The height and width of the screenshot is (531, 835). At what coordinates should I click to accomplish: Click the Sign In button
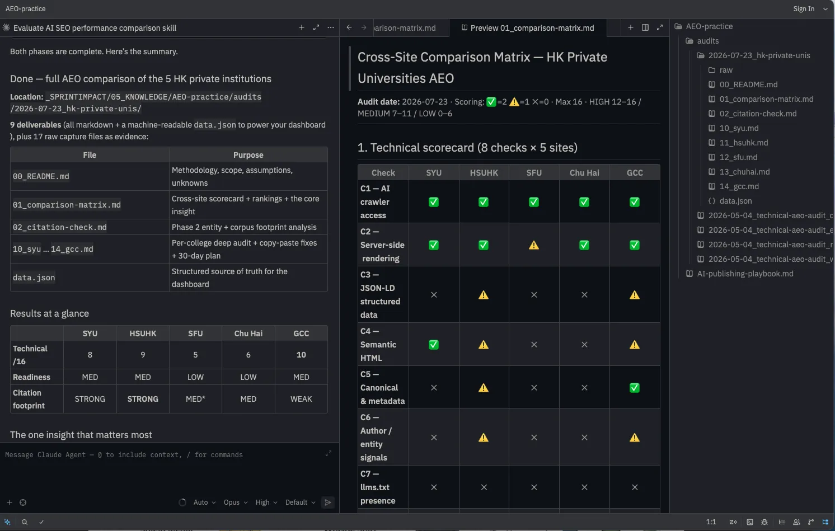[803, 8]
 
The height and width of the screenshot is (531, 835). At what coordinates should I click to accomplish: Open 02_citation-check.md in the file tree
[758, 114]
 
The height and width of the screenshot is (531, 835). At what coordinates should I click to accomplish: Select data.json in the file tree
[735, 201]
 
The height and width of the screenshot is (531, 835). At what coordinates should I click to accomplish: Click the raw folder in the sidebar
[726, 70]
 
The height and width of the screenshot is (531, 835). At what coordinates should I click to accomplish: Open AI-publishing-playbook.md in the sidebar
[745, 274]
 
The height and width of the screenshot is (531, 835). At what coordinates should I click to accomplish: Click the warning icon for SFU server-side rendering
[534, 245]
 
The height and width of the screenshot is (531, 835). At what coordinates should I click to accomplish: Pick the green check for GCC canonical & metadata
[635, 388]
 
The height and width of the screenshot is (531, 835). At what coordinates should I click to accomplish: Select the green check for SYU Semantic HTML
[434, 345]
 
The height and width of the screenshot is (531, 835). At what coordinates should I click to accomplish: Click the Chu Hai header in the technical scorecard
[584, 172]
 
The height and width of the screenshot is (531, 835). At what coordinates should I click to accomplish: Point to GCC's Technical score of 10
[301, 355]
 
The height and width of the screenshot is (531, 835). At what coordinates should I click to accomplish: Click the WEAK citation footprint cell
[301, 399]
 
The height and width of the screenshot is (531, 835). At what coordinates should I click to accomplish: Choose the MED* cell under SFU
[195, 399]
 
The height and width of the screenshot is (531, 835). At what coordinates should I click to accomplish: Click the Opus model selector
[236, 502]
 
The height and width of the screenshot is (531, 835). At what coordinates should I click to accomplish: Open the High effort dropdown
[266, 502]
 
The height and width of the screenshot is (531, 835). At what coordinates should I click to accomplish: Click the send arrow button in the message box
[327, 502]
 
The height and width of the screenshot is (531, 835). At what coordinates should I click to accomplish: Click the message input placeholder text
[124, 454]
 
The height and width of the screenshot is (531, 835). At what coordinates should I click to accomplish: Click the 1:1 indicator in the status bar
[711, 522]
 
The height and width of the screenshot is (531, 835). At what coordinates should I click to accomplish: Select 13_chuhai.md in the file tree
[744, 172]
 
